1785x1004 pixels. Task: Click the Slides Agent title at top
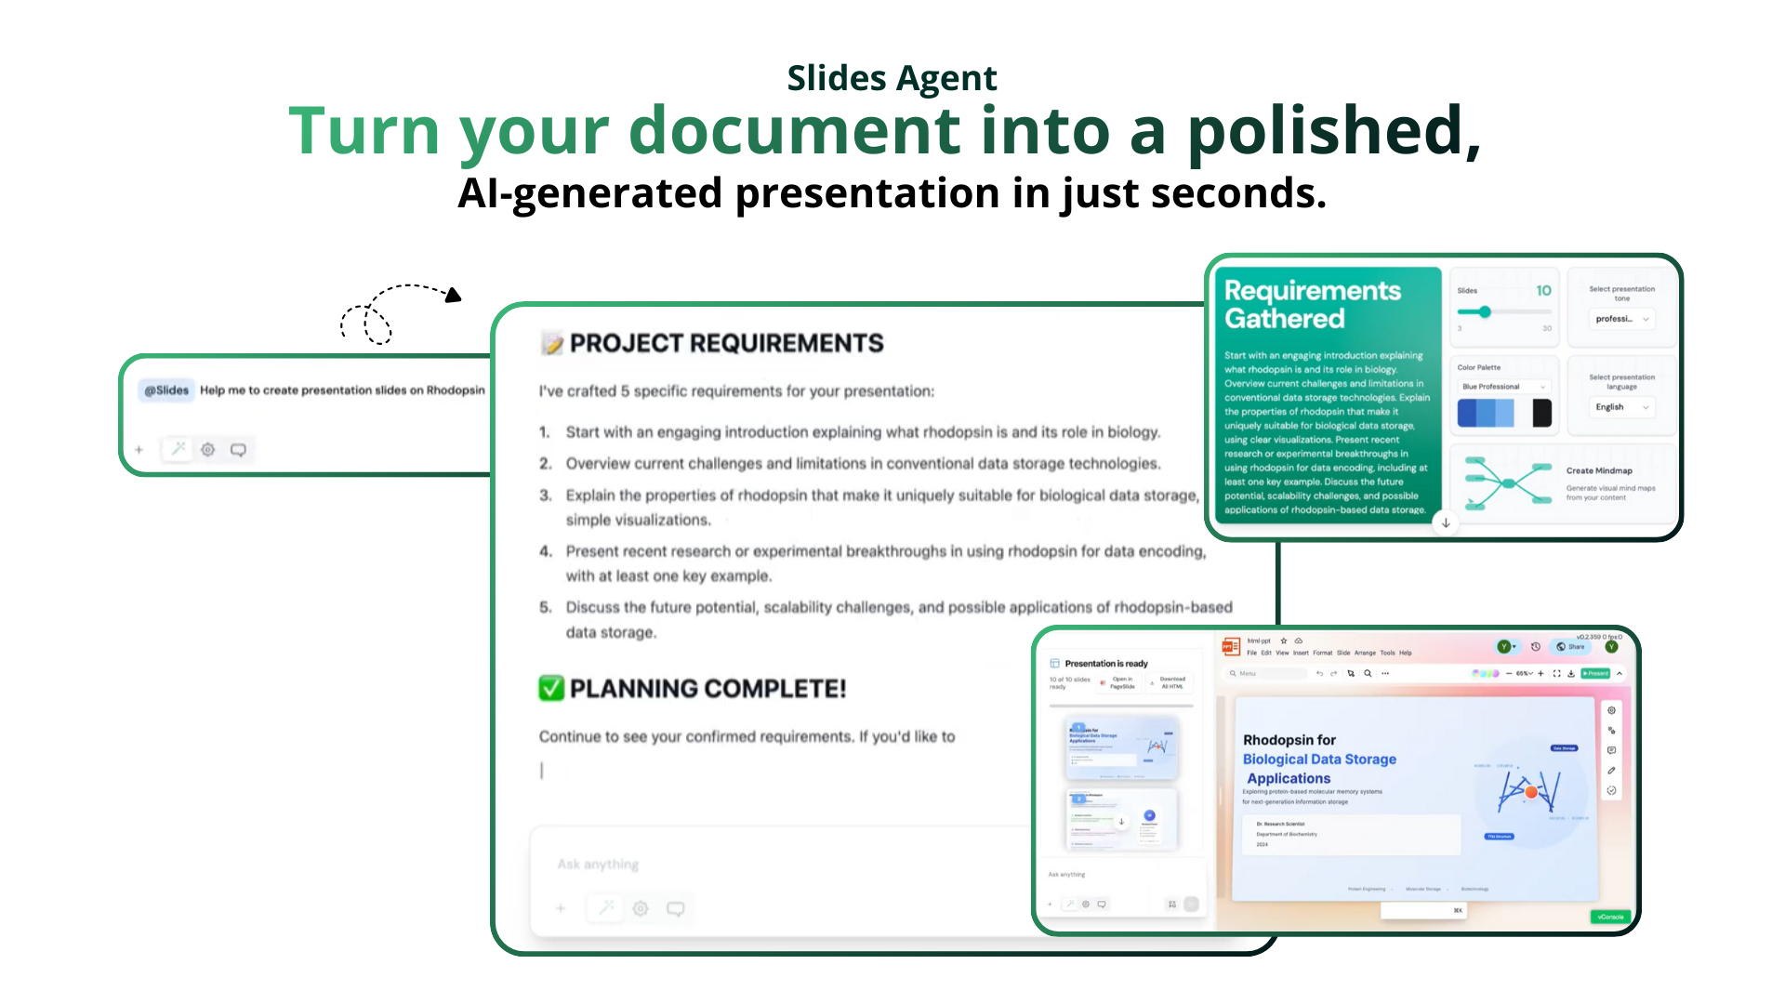pos(892,78)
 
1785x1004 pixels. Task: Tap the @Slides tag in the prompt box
pos(166,390)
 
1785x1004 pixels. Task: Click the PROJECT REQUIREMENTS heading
pos(726,343)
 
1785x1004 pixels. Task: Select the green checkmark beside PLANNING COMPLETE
pos(551,688)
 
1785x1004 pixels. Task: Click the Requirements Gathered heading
pos(1311,304)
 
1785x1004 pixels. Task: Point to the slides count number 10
pos(1543,290)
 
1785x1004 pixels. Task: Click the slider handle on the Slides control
pos(1485,312)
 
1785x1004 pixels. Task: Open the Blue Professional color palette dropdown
pos(1503,387)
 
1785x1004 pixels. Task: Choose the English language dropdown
pos(1620,407)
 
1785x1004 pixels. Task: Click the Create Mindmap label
pos(1598,470)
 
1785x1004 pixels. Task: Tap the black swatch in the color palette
pos(1541,413)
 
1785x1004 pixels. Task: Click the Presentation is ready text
pos(1105,664)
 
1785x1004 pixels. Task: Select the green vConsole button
pos(1610,917)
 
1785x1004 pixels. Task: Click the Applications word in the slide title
pos(1288,778)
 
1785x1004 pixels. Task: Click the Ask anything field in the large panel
pos(599,865)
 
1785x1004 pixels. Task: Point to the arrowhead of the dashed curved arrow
pos(454,296)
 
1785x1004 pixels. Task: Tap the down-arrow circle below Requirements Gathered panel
pos(1446,523)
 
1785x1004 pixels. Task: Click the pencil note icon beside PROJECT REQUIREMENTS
pos(552,344)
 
